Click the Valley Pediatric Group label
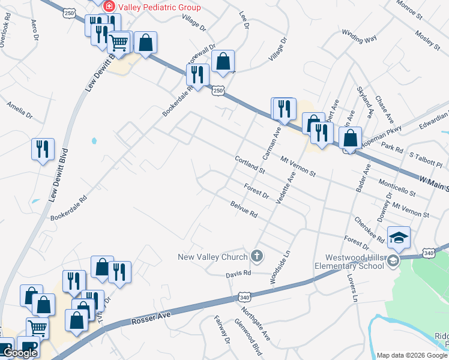pos(160,7)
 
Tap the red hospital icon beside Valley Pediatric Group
pos(109,7)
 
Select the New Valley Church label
pos(213,257)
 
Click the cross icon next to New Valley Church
pos(257,256)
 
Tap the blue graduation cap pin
pos(399,238)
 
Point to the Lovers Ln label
pos(352,289)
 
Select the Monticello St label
pos(397,187)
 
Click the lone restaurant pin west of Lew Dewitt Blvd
pos(42,149)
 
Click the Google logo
pos(20,353)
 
